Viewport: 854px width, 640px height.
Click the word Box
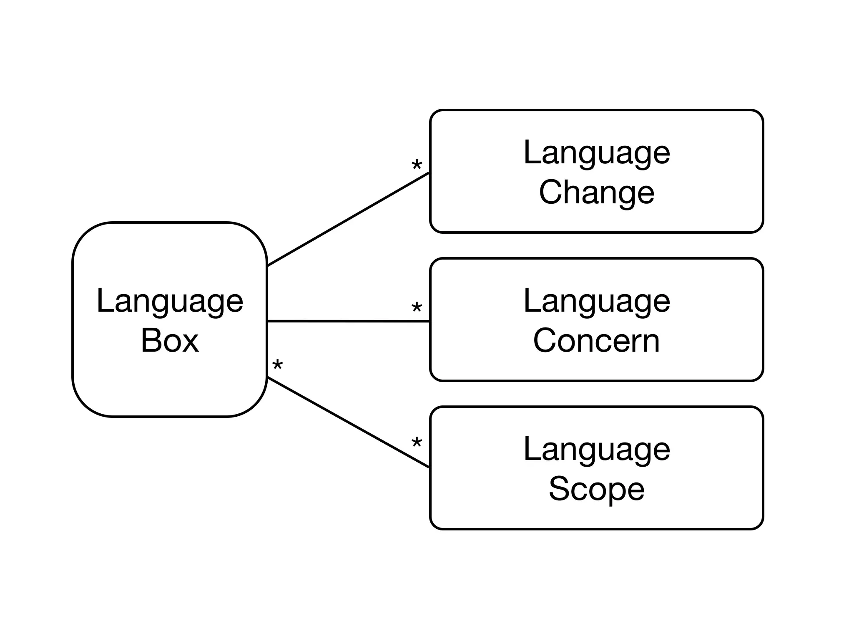(170, 340)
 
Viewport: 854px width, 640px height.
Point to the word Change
(596, 192)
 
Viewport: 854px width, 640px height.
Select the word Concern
(596, 340)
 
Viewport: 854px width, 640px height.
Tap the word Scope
(596, 489)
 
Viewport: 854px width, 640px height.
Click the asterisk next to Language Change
(416, 166)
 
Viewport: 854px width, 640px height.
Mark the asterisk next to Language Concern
(416, 308)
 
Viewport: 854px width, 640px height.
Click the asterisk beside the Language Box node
(277, 366)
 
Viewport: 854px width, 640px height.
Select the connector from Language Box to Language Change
(348, 219)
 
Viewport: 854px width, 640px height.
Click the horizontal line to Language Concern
(348, 321)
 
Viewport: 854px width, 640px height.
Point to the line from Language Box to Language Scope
(348, 422)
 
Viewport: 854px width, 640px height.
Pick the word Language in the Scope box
(596, 450)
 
